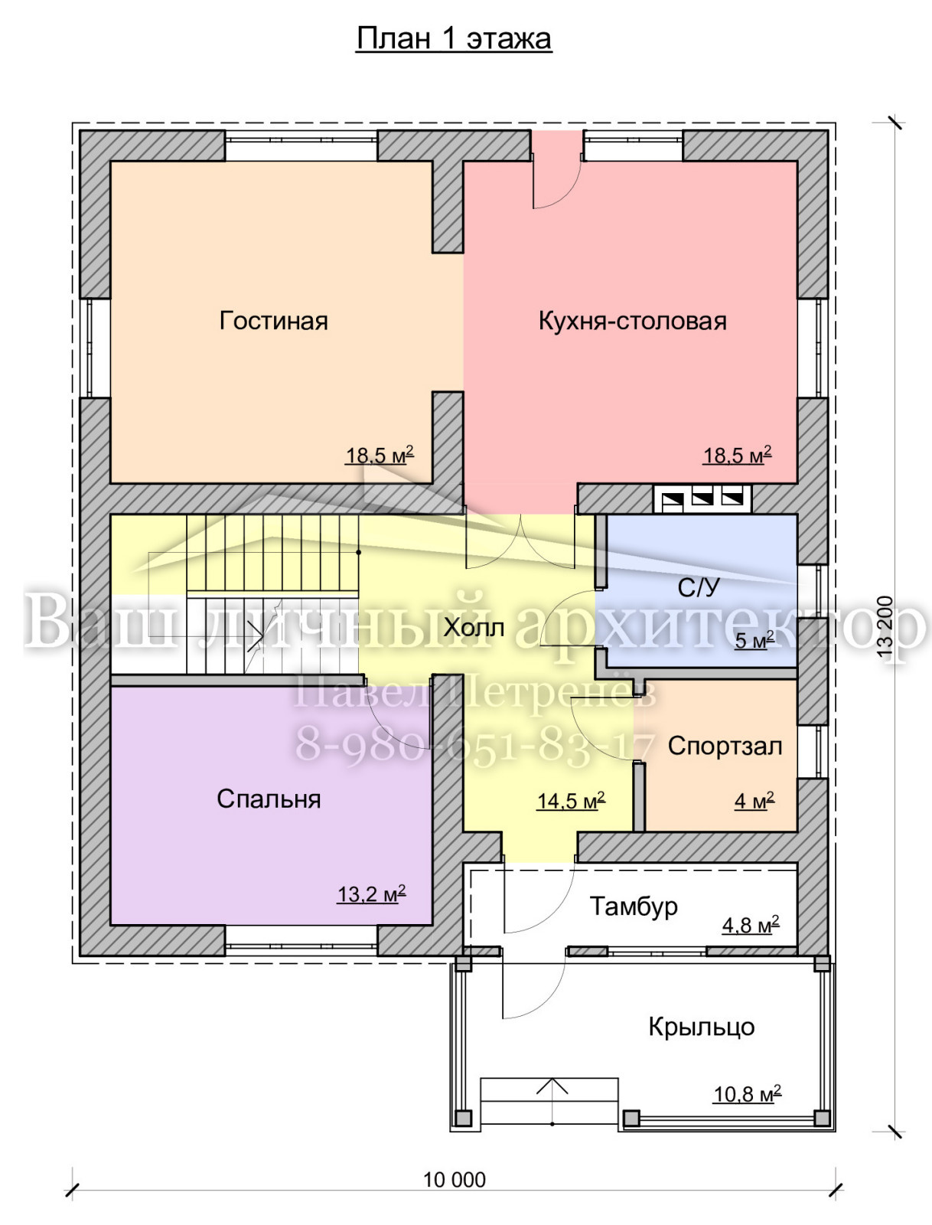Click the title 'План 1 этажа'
pyautogui.click(x=454, y=40)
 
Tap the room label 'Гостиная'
pyautogui.click(x=273, y=321)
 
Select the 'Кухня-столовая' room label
pyautogui.click(x=633, y=322)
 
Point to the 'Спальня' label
pyautogui.click(x=269, y=799)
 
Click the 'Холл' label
pyautogui.click(x=474, y=628)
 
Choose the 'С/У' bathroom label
pyautogui.click(x=699, y=588)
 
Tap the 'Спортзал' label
pyautogui.click(x=725, y=746)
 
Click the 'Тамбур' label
pyautogui.click(x=634, y=906)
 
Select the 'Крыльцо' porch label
pyautogui.click(x=702, y=1027)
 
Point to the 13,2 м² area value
pyautogui.click(x=371, y=894)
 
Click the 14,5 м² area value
pyautogui.click(x=571, y=801)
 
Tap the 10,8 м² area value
pyautogui.click(x=748, y=1094)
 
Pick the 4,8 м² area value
pyautogui.click(x=751, y=926)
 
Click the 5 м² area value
pyautogui.click(x=754, y=641)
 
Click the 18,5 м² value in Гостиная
pyautogui.click(x=380, y=456)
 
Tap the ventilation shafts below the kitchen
pyautogui.click(x=702, y=499)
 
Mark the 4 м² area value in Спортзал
pyautogui.click(x=754, y=801)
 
